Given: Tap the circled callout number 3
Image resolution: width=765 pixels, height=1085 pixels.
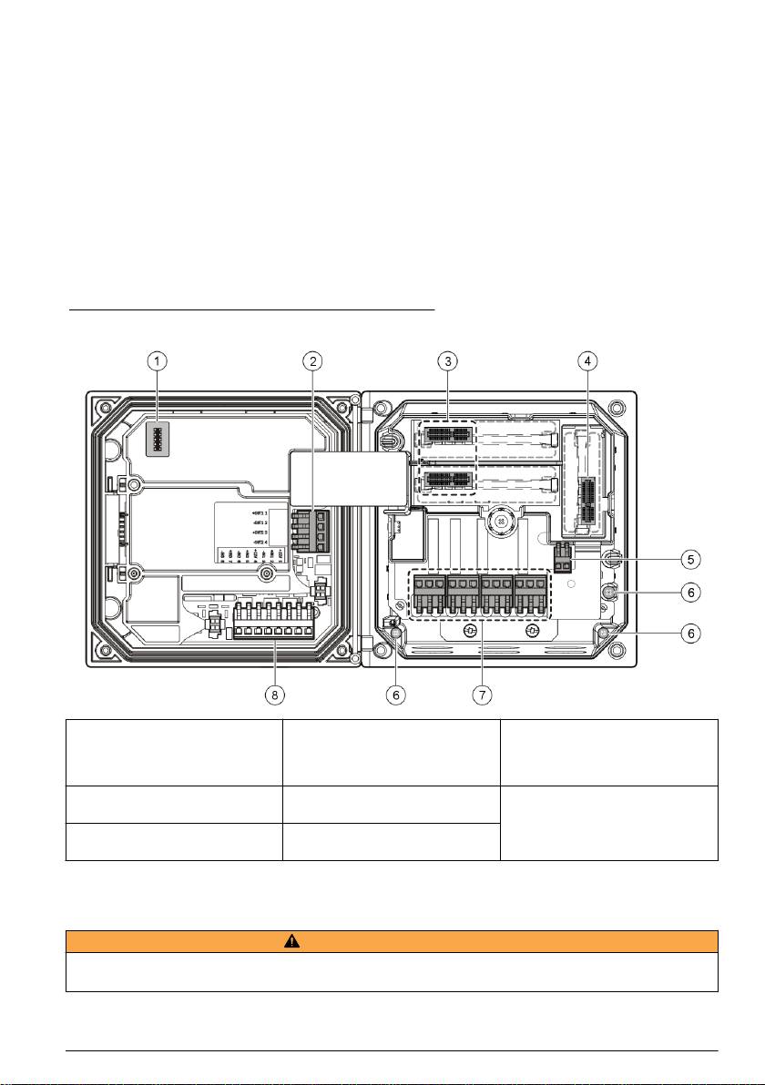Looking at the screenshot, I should (446, 361).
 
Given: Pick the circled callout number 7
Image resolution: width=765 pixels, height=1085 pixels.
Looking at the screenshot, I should (481, 695).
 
